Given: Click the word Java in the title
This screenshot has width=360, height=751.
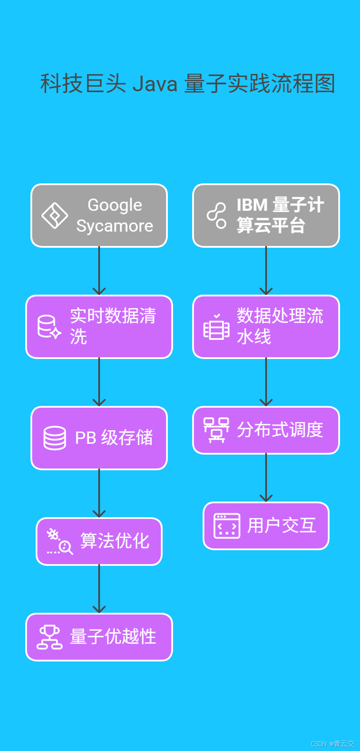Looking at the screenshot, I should point(155,83).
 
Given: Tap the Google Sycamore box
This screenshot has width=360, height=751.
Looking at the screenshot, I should point(99,216).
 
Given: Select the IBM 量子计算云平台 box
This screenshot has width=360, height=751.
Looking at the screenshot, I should point(266,216).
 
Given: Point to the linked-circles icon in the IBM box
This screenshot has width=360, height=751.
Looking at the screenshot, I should point(217,216).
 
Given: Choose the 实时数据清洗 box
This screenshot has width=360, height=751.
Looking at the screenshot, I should point(99,327).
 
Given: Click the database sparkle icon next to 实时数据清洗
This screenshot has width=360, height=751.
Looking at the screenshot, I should point(49,327).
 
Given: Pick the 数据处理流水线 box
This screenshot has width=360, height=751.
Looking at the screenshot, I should point(266,327).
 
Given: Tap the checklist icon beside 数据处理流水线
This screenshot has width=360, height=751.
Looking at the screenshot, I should point(217,327).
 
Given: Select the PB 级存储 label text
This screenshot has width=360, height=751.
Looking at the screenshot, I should point(114,438).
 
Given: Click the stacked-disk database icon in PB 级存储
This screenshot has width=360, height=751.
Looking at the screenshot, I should point(55,438).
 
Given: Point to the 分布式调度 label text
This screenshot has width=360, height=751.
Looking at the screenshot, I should point(280,430).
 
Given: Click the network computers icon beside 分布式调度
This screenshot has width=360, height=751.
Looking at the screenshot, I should point(217,430).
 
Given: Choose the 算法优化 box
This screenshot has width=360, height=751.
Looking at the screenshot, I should point(99,542).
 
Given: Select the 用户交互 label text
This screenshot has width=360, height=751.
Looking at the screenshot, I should point(282,525).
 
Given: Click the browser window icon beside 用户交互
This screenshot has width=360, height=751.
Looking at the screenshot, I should point(227,526).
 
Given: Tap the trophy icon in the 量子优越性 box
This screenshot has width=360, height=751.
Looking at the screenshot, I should point(50,637).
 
